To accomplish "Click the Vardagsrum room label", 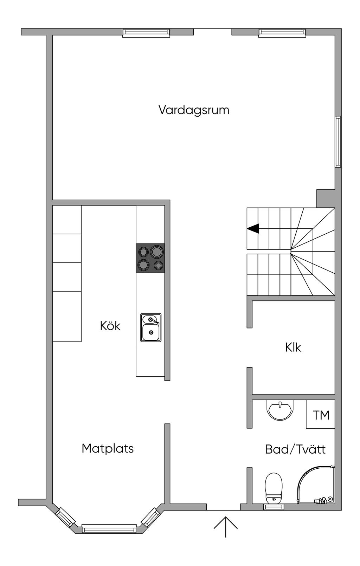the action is [x=194, y=110].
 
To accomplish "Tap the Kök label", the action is [x=110, y=326].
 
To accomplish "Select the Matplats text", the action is [x=108, y=449].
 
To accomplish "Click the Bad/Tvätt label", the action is [x=295, y=449].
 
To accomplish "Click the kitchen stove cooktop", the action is [x=150, y=258].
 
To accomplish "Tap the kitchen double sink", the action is [x=151, y=328].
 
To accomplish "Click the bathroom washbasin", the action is [x=280, y=410].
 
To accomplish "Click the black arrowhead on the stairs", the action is [x=253, y=229].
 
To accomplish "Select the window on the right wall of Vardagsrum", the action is [x=338, y=142].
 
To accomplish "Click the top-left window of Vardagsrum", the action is [x=146, y=33].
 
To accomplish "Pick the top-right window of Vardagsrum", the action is [x=282, y=33].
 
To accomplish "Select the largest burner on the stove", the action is [x=157, y=252].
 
